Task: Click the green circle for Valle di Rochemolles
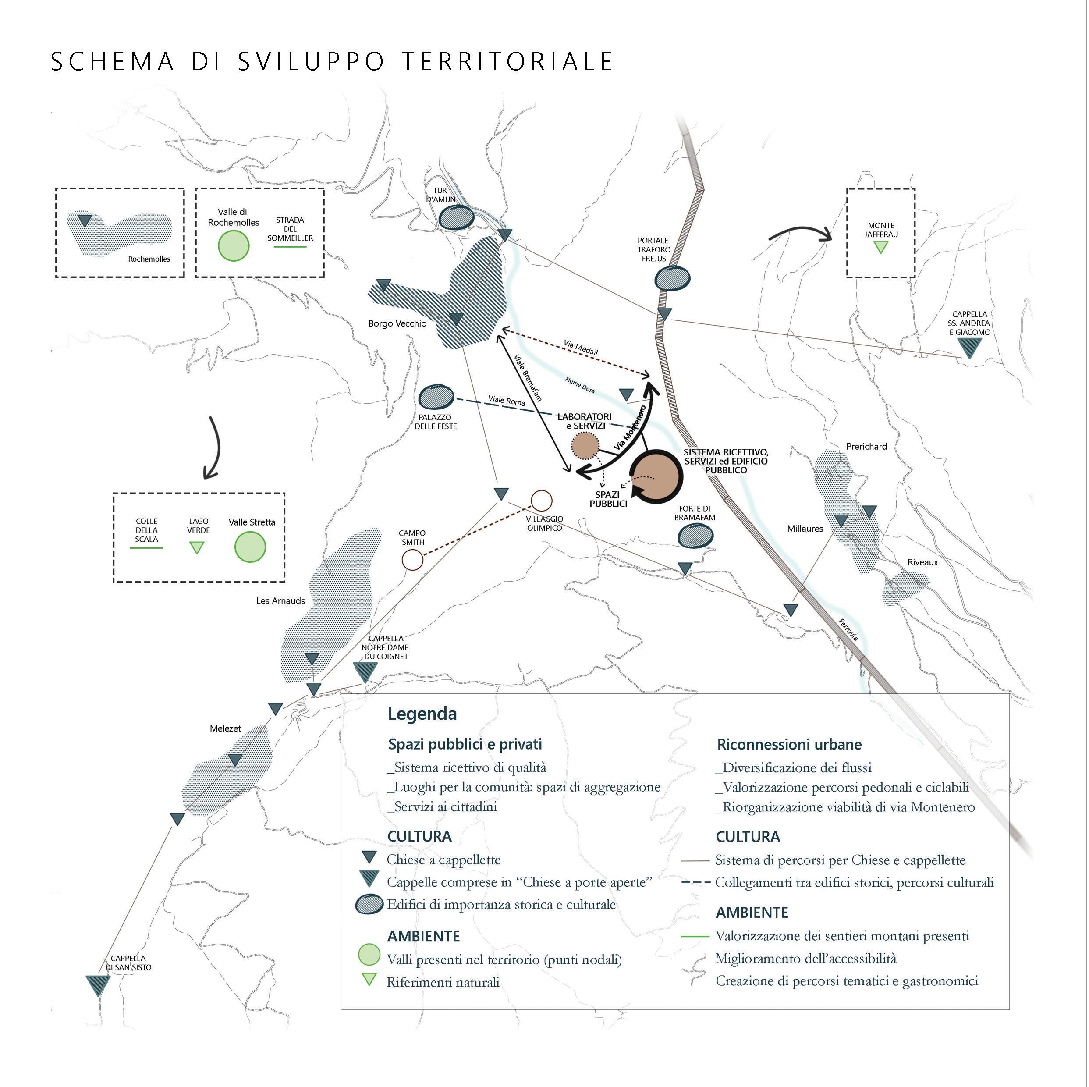(x=233, y=246)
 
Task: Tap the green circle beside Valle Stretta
(x=250, y=547)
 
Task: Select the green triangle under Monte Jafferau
(x=880, y=247)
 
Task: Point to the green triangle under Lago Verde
(x=197, y=547)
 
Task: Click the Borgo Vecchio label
(x=397, y=323)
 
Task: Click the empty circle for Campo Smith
(x=412, y=560)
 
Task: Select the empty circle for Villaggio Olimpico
(x=541, y=500)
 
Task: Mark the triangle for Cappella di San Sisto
(x=98, y=984)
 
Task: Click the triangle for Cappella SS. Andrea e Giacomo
(x=969, y=348)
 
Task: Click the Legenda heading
(x=422, y=714)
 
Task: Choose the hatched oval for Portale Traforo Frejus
(x=672, y=278)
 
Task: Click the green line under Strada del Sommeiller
(x=289, y=247)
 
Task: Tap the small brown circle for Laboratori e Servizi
(x=585, y=445)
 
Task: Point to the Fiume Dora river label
(x=579, y=386)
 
